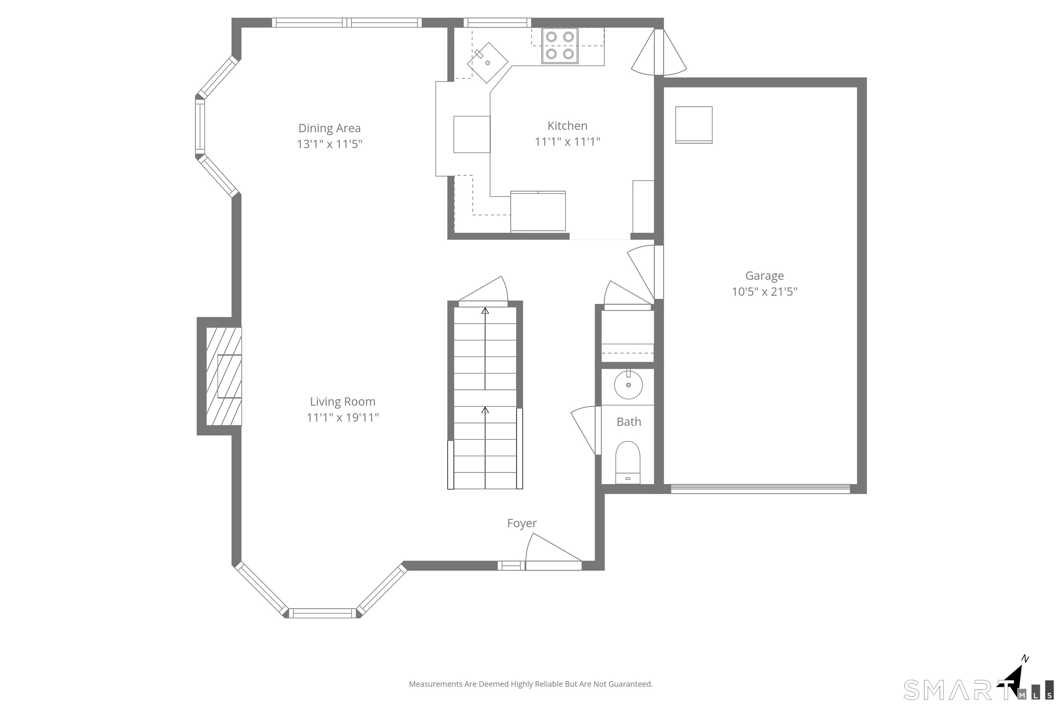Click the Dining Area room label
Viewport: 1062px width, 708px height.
click(x=329, y=128)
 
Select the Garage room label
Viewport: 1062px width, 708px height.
click(x=764, y=276)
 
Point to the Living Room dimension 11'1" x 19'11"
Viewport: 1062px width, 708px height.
click(x=343, y=417)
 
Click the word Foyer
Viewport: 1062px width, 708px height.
click(x=522, y=523)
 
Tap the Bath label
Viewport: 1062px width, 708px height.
click(x=628, y=422)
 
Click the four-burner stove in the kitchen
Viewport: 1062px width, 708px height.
click(x=560, y=46)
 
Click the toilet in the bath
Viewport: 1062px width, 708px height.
click(x=628, y=462)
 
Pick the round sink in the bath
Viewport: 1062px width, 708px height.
click(x=628, y=385)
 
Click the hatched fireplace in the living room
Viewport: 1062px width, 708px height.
click(x=224, y=376)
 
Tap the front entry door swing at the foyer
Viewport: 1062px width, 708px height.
click(x=553, y=551)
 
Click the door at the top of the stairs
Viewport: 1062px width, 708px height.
click(x=483, y=291)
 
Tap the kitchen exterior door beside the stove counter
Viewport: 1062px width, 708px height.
click(x=659, y=52)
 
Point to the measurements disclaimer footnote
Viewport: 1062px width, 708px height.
click(x=531, y=684)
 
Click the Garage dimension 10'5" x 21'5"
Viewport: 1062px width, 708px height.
click(x=764, y=292)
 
